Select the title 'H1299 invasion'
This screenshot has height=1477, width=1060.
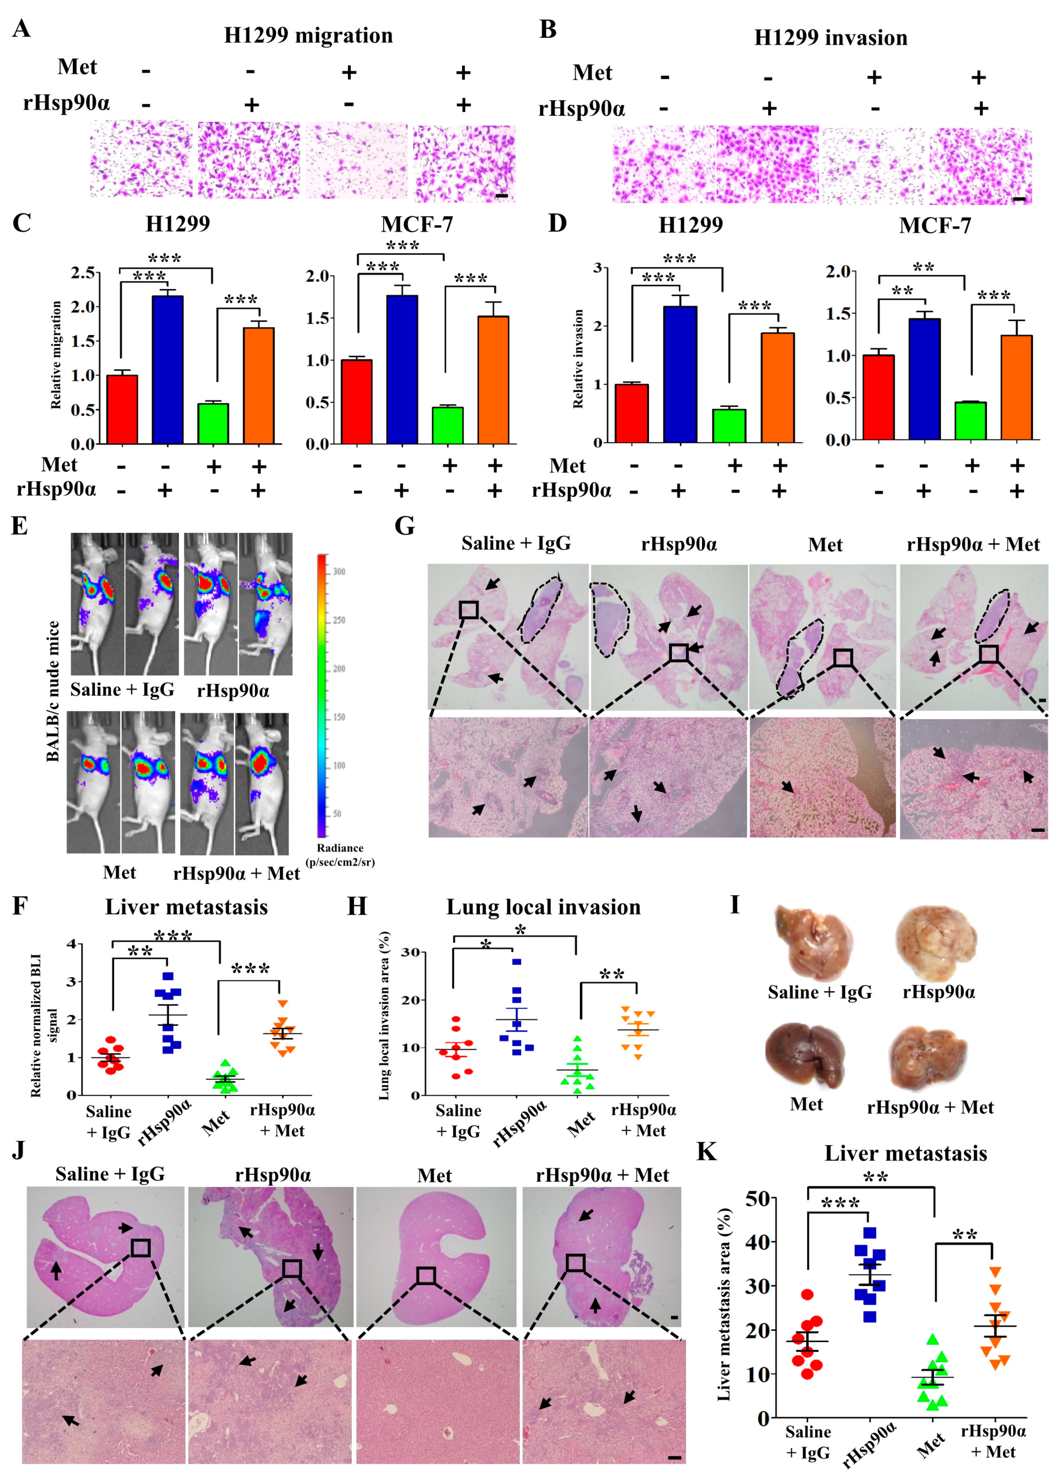(x=830, y=38)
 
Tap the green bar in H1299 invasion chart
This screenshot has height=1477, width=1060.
(x=729, y=426)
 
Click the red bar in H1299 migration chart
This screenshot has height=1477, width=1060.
(x=122, y=409)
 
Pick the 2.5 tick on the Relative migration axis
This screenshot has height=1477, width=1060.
(x=83, y=272)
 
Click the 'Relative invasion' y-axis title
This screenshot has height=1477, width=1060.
(x=578, y=359)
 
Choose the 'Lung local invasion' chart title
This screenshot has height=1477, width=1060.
(x=543, y=907)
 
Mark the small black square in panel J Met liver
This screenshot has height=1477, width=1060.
(x=426, y=1276)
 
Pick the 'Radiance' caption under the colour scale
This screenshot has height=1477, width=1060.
(x=340, y=848)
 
